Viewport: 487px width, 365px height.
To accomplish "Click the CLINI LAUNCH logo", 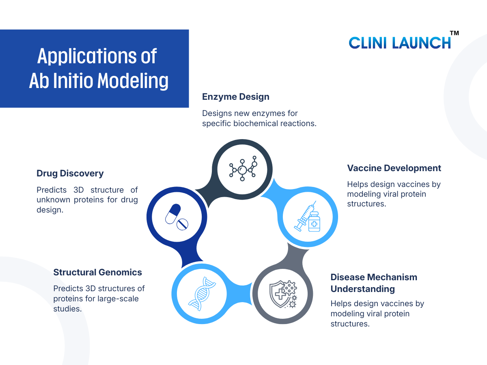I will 400,42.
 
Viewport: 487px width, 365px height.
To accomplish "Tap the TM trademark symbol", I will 455,33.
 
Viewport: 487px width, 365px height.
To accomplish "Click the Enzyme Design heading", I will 235,97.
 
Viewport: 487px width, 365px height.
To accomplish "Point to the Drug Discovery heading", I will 70,174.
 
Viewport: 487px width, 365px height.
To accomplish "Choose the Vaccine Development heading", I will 394,168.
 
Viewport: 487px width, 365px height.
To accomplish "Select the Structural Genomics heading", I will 97,273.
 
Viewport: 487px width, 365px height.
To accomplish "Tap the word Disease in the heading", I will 348,277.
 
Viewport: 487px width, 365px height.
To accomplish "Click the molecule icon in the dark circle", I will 243,170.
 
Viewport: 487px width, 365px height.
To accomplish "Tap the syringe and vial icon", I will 308,218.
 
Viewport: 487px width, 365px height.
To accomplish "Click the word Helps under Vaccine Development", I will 357,185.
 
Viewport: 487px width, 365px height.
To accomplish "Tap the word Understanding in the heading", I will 362,289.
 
